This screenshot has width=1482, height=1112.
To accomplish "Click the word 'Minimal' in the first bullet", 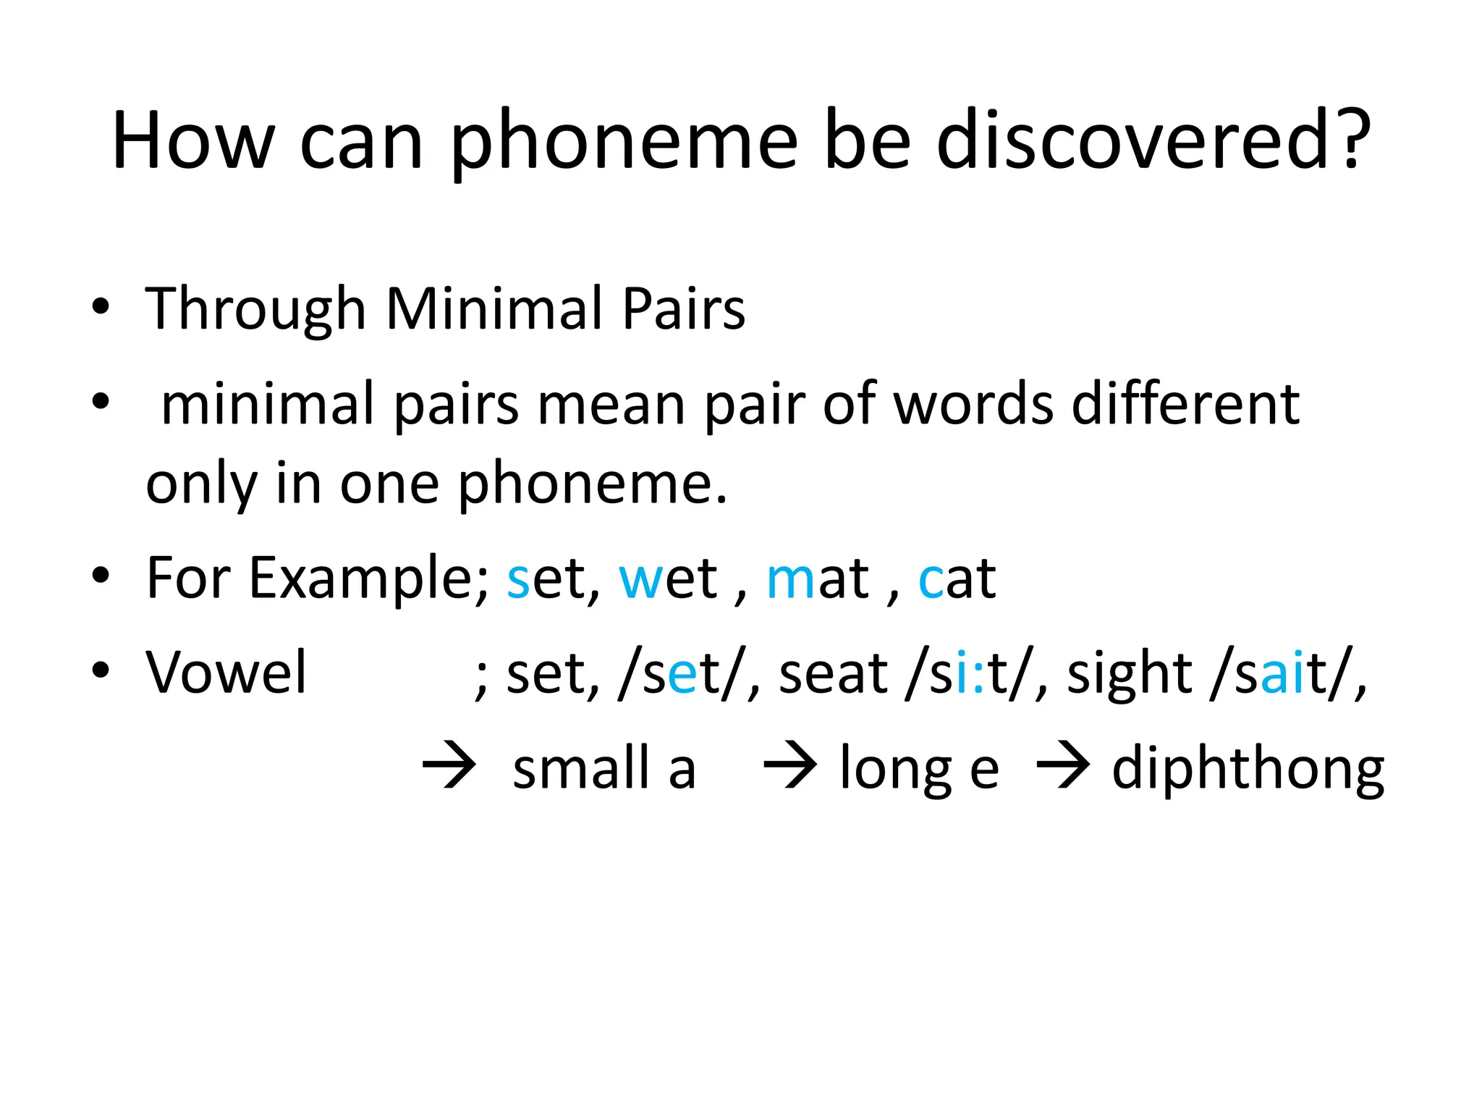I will tap(494, 309).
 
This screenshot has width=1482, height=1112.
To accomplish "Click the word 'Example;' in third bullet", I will tap(370, 579).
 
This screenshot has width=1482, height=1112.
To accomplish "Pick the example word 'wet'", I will tap(668, 579).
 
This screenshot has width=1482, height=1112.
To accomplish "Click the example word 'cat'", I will tap(957, 579).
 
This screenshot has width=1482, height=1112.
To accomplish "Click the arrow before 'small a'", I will tap(449, 765).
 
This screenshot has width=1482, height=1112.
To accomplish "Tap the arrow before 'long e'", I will tap(790, 765).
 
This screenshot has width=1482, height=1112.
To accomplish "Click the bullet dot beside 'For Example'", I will tap(101, 576).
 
